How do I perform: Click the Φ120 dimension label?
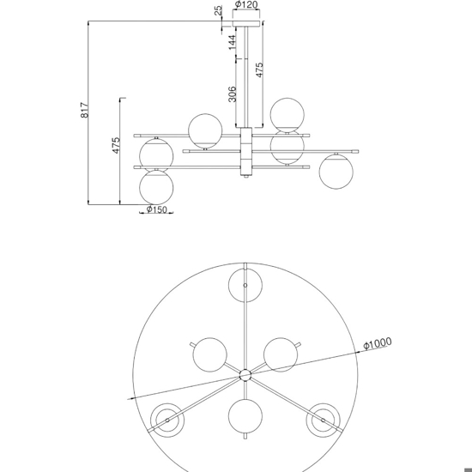pyautogui.click(x=246, y=4)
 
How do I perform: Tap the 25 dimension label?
pyautogui.click(x=219, y=10)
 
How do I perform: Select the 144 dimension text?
pyautogui.click(x=232, y=42)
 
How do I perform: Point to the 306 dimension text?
pyautogui.click(x=232, y=94)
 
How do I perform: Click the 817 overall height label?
pyautogui.click(x=85, y=110)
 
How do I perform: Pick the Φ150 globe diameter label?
pyautogui.click(x=156, y=209)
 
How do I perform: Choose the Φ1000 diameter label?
pyautogui.click(x=378, y=343)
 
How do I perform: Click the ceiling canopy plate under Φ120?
pyautogui.click(x=246, y=24)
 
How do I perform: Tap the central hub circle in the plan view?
pyautogui.click(x=245, y=375)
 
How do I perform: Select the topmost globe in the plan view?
pyautogui.click(x=245, y=285)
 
